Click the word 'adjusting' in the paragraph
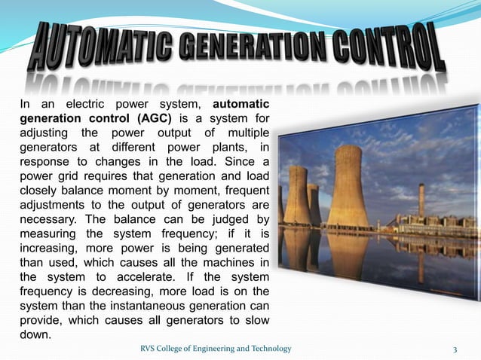(x=44, y=133)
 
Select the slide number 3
(x=455, y=348)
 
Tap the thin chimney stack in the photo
(x=421, y=200)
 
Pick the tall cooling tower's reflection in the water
(x=348, y=252)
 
